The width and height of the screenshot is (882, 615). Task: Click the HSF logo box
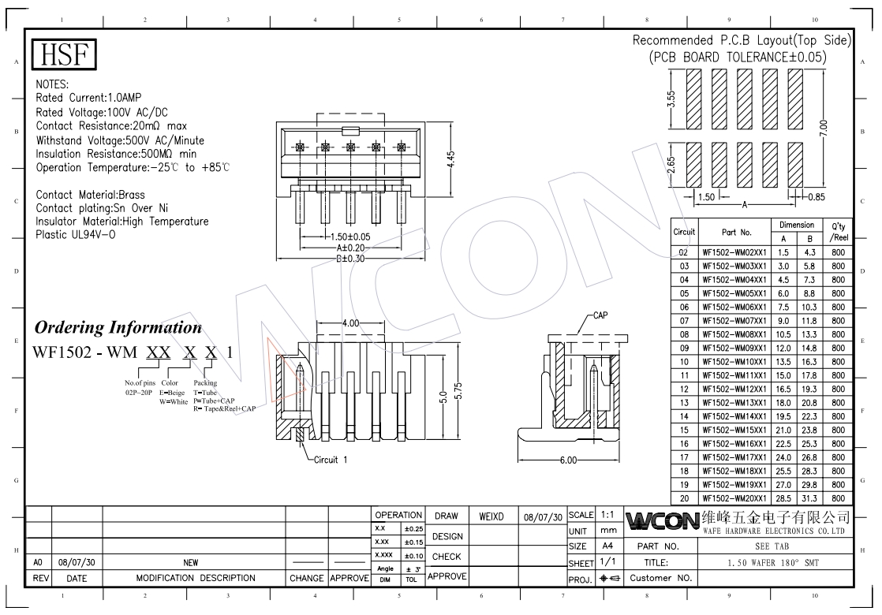tap(64, 54)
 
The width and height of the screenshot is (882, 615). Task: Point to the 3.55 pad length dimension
tap(671, 99)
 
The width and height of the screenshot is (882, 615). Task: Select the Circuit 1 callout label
tap(331, 460)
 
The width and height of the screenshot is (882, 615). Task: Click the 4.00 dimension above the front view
tap(351, 323)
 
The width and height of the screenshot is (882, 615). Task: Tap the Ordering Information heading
tap(118, 327)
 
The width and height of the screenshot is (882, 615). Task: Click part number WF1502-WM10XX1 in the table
tap(734, 362)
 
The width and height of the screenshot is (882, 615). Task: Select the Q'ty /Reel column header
tap(837, 231)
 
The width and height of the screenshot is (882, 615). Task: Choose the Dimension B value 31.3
tap(809, 498)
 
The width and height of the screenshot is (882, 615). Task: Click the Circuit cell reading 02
tap(684, 252)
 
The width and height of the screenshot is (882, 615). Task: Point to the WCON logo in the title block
tap(661, 521)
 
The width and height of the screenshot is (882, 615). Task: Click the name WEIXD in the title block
tap(491, 516)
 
